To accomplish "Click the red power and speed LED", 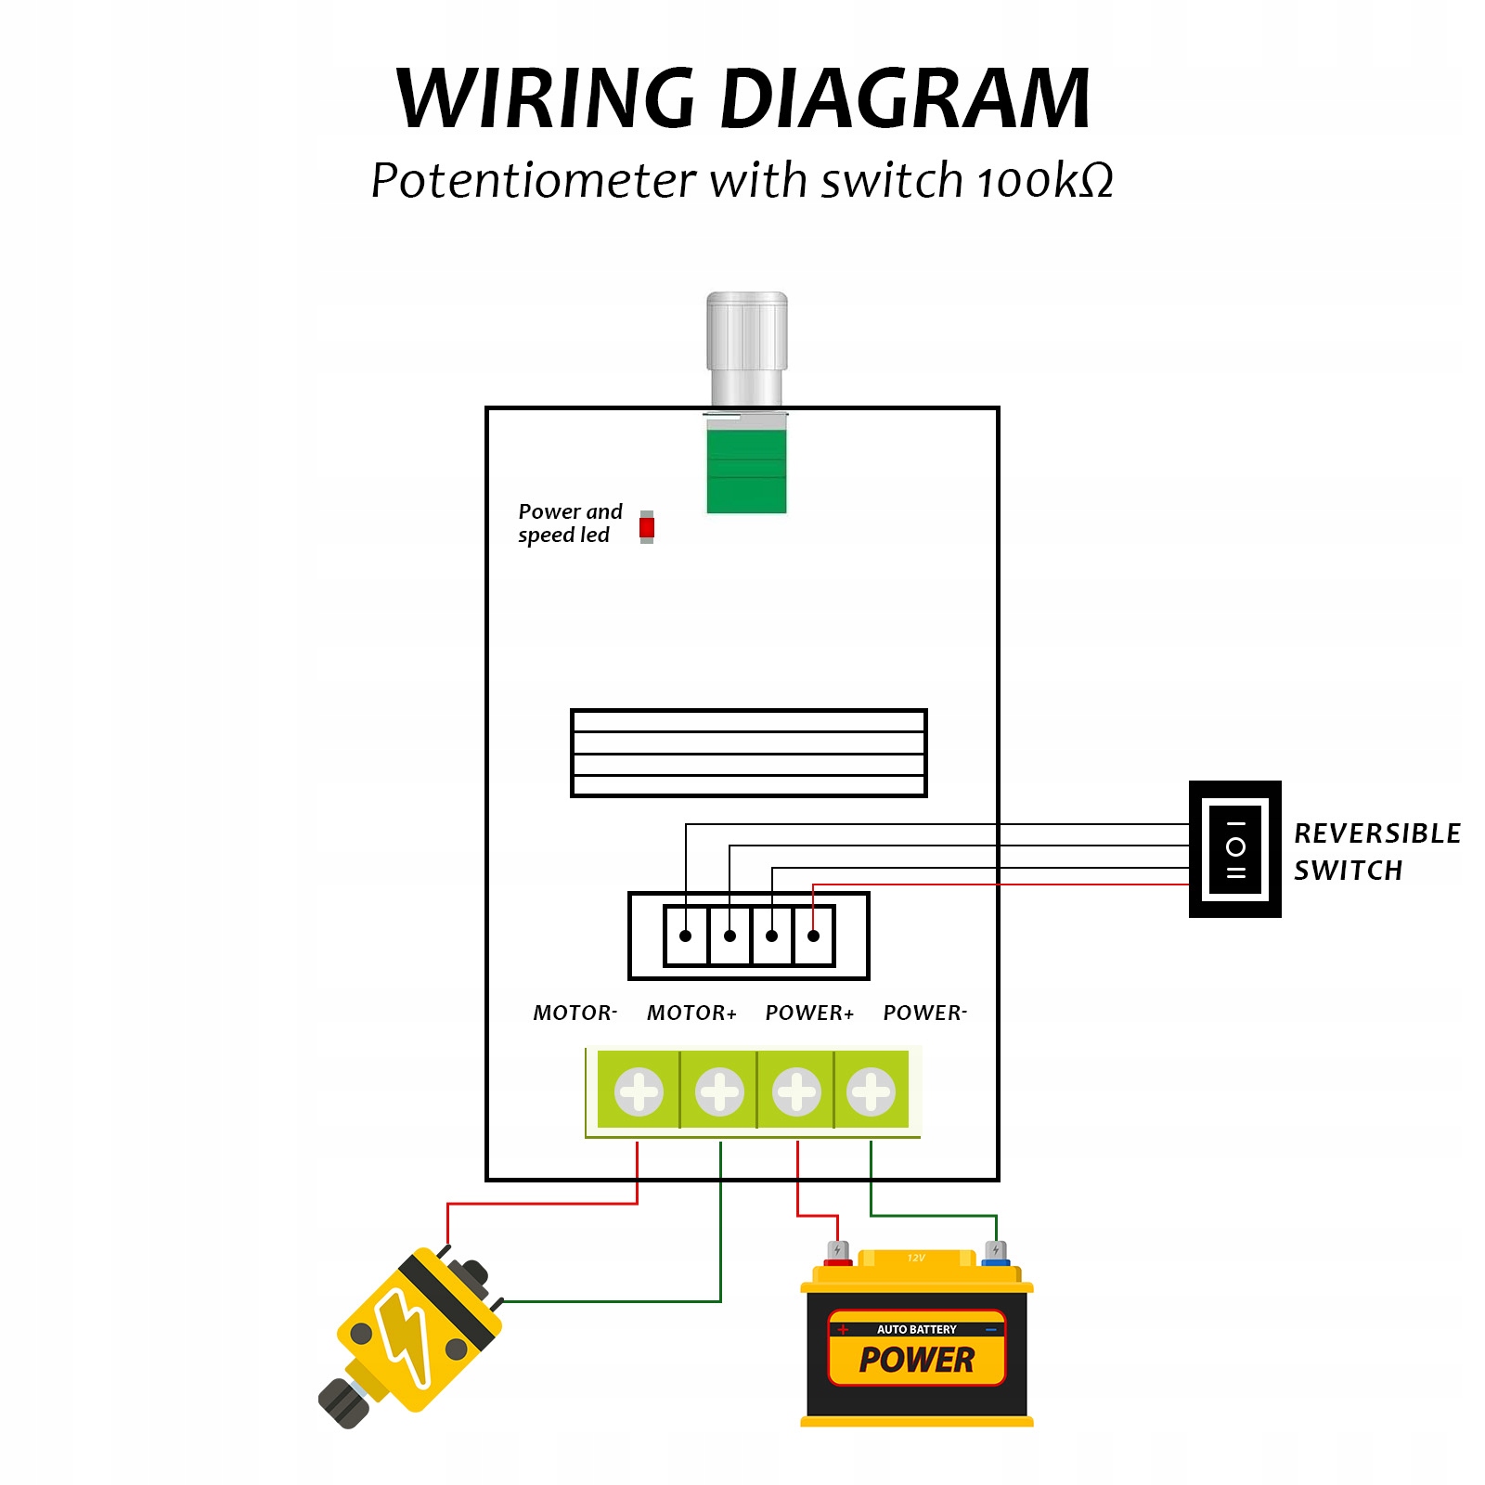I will [x=647, y=527].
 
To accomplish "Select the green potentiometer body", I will [x=746, y=470].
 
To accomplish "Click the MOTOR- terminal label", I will [x=575, y=1013].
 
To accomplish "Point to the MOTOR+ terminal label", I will [x=691, y=1013].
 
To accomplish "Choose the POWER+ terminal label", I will [x=809, y=1013].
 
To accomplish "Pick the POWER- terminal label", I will [x=924, y=1013].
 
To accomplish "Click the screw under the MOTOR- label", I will [x=639, y=1091].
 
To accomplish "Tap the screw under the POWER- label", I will [x=871, y=1091].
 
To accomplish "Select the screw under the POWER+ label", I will [x=796, y=1091].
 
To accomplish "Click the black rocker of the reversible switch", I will [x=1235, y=849].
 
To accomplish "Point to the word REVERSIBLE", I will [x=1377, y=833].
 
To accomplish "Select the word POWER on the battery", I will [x=917, y=1361].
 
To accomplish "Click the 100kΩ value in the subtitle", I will [x=1045, y=180].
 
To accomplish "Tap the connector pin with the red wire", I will [x=813, y=936].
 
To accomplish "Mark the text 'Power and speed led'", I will [x=569, y=523].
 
